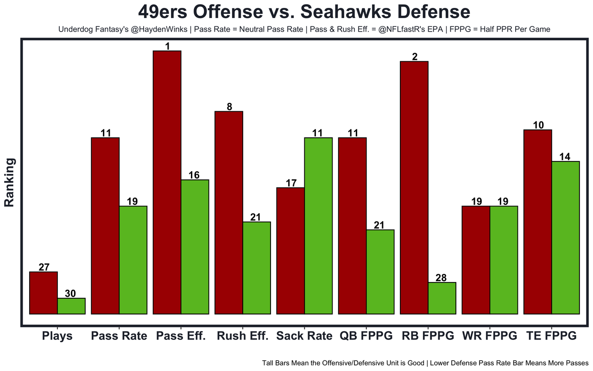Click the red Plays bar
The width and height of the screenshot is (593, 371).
pyautogui.click(x=44, y=293)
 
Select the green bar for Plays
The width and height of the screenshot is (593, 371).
pyautogui.click(x=71, y=306)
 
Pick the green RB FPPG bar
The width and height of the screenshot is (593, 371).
pyautogui.click(x=442, y=298)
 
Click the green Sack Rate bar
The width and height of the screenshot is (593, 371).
pyautogui.click(x=318, y=226)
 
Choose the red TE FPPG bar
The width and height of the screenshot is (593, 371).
pyautogui.click(x=537, y=222)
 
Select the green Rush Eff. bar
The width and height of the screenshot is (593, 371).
pyautogui.click(x=257, y=268)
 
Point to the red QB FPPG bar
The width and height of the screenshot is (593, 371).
pyautogui.click(x=353, y=226)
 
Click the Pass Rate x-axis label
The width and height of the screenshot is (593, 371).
pyautogui.click(x=119, y=336)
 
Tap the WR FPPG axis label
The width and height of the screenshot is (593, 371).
pyautogui.click(x=490, y=336)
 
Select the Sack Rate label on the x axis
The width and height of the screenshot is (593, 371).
pyautogui.click(x=304, y=336)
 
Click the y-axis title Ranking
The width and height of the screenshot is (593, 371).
pyautogui.click(x=10, y=182)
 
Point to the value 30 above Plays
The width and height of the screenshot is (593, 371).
pyautogui.click(x=71, y=294)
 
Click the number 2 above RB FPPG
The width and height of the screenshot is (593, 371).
pyautogui.click(x=415, y=57)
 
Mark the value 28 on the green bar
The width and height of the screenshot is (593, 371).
pyautogui.click(x=441, y=278)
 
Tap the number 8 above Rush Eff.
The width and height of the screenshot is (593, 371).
pyautogui.click(x=229, y=107)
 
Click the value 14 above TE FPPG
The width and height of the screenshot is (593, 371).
pyautogui.click(x=565, y=157)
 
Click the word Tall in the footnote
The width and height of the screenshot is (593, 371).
pyautogui.click(x=269, y=363)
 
